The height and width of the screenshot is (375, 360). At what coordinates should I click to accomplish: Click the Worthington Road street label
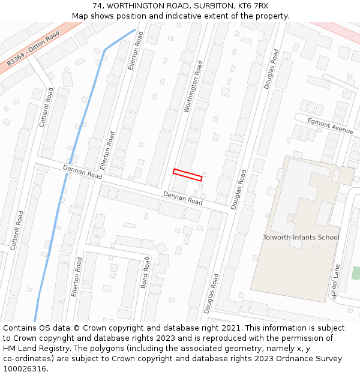pos(193,86)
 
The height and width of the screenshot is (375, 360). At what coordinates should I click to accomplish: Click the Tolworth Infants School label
pos(301,237)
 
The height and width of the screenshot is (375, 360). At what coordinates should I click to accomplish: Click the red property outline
pos(187,175)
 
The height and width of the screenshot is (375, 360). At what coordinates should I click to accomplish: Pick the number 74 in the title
pos(97,6)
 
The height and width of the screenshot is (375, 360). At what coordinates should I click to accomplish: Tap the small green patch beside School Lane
pos(356,272)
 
